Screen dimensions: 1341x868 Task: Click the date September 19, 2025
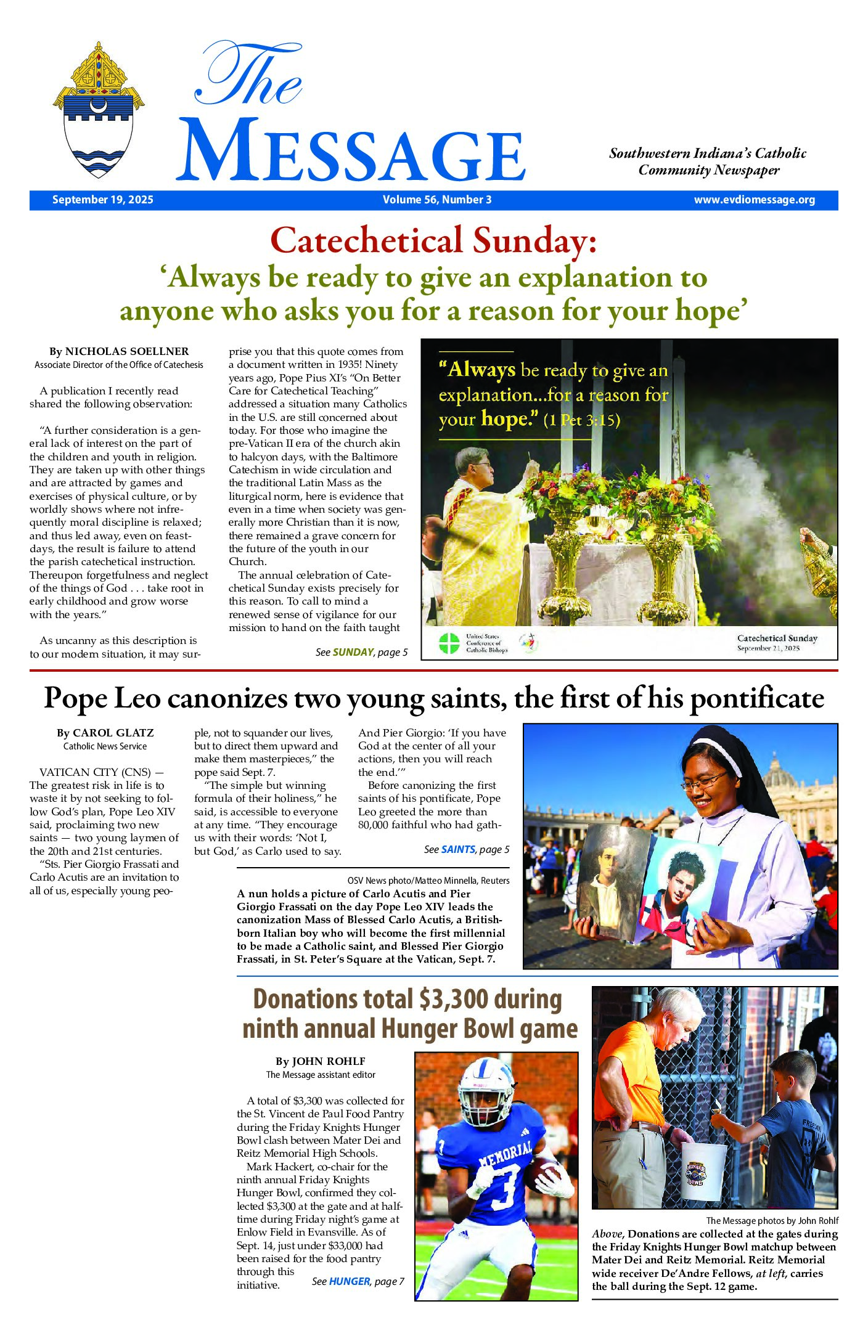coord(102,200)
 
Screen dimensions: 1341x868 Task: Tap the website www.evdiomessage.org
coord(754,200)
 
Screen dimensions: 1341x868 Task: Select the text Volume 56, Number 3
coord(436,200)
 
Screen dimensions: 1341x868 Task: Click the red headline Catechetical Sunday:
coord(433,240)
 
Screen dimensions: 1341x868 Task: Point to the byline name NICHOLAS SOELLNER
coord(127,351)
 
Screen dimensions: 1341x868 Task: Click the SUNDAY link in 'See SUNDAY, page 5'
coord(353,652)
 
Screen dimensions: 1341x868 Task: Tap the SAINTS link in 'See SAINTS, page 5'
coord(458,849)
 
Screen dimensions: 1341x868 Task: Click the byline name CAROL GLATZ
coord(113,733)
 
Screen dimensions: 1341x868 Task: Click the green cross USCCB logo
coord(449,643)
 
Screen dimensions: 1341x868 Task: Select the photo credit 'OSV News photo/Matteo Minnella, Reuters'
coord(428,881)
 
